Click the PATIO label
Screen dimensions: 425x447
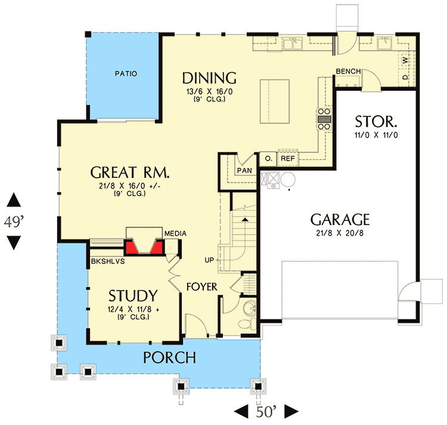click(x=126, y=74)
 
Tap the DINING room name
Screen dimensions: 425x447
click(x=209, y=78)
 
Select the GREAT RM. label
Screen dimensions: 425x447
click(x=130, y=173)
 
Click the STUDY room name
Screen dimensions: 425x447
click(x=133, y=295)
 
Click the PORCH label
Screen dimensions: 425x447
click(x=169, y=358)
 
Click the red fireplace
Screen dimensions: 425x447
click(x=143, y=245)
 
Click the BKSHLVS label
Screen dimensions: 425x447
click(x=105, y=261)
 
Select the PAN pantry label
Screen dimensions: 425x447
click(x=244, y=170)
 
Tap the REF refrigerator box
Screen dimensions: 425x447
click(x=288, y=159)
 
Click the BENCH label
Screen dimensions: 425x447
click(x=348, y=72)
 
